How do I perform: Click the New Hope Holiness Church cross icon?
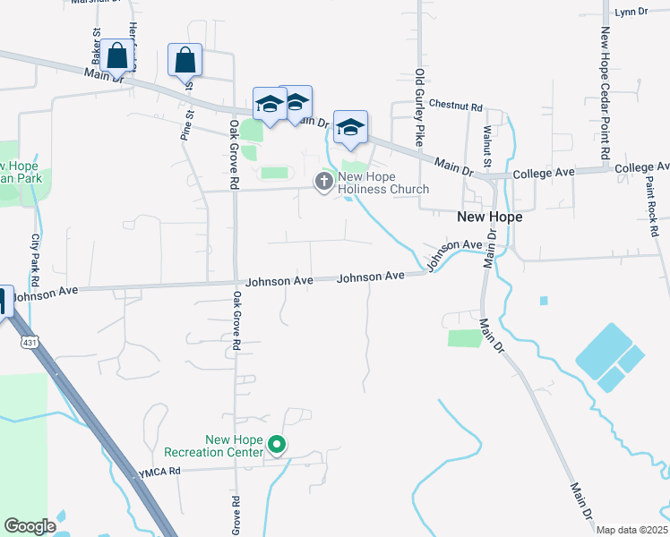[323, 182]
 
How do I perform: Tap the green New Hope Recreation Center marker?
[278, 444]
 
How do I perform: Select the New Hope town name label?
[489, 217]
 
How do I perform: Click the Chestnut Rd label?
[456, 104]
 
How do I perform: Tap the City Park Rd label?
[37, 254]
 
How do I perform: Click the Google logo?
[30, 526]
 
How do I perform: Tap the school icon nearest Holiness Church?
[350, 129]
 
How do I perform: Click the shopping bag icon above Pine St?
[185, 61]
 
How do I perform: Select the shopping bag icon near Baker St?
[117, 55]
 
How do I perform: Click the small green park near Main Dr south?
[465, 338]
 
